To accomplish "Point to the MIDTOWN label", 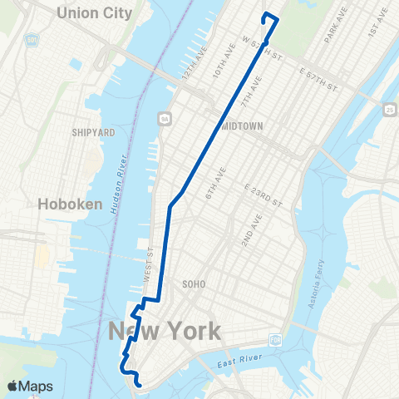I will click(x=243, y=126).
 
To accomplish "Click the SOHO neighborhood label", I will click(x=193, y=284).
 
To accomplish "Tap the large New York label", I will click(x=165, y=332).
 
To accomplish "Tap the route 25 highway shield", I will click(x=389, y=109).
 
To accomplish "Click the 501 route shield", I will click(x=31, y=39).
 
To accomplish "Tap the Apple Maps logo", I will click(x=31, y=386).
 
